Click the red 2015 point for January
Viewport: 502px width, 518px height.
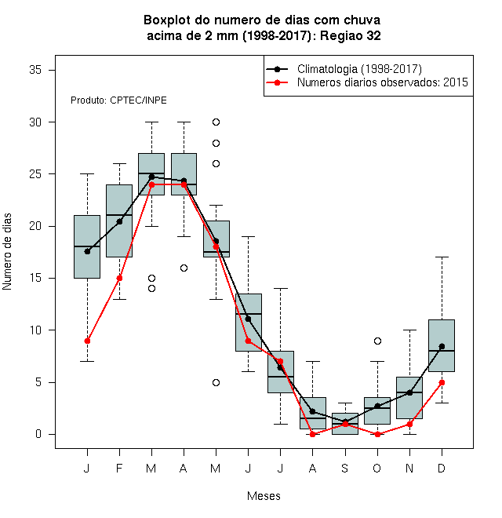pyautogui.click(x=87, y=341)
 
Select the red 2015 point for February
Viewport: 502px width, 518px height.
pyautogui.click(x=119, y=278)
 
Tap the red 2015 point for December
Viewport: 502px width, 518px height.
pyautogui.click(x=442, y=382)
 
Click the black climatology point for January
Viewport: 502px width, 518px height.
pyautogui.click(x=87, y=251)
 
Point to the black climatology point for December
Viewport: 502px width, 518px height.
pyautogui.click(x=442, y=347)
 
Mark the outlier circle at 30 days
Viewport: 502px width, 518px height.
pyautogui.click(x=216, y=122)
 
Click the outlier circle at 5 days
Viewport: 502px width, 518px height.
pyautogui.click(x=216, y=382)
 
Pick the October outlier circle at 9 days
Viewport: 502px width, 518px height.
pyautogui.click(x=377, y=341)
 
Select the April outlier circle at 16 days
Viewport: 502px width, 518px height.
pyautogui.click(x=184, y=268)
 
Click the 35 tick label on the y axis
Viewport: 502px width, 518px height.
pyautogui.click(x=35, y=70)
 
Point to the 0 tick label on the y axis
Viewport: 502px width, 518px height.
pyautogui.click(x=38, y=434)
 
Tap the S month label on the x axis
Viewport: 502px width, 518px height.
pyautogui.click(x=345, y=469)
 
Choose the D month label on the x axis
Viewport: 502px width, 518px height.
pyautogui.click(x=442, y=469)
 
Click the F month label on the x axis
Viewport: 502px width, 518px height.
pyautogui.click(x=119, y=469)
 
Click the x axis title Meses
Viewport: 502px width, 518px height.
pyautogui.click(x=264, y=496)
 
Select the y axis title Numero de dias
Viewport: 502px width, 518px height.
pyautogui.click(x=7, y=252)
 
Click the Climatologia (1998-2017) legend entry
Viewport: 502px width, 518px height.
pyautogui.click(x=344, y=69)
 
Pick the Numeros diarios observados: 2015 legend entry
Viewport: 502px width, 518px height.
pyautogui.click(x=367, y=82)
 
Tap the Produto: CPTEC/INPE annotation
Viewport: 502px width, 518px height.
pyautogui.click(x=118, y=100)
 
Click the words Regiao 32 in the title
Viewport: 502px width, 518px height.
pyautogui.click(x=351, y=35)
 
